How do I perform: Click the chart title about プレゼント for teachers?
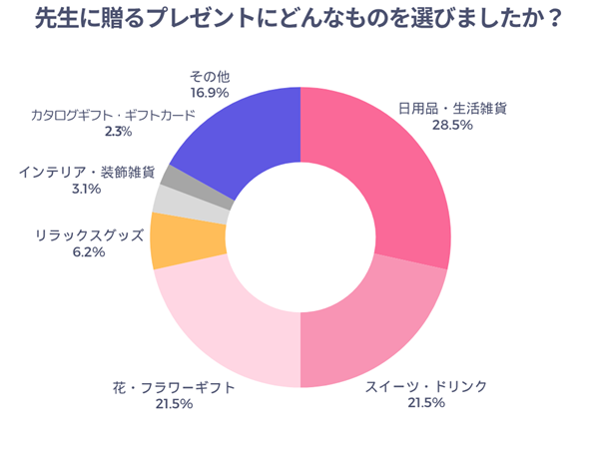[300, 20]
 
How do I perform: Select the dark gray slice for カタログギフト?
[179, 179]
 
